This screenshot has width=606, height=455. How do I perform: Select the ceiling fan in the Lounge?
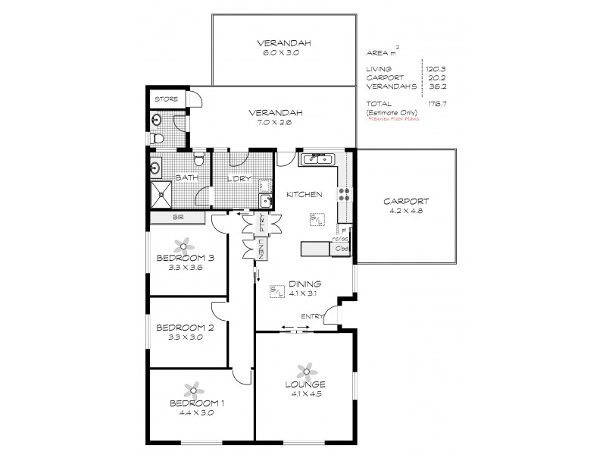[306, 371]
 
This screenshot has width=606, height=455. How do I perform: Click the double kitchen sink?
[316, 159]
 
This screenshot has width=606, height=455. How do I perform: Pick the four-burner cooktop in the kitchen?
[344, 193]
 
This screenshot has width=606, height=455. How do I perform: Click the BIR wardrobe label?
[178, 218]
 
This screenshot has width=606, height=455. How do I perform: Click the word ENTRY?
[312, 316]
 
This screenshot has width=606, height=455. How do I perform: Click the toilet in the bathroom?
[198, 160]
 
